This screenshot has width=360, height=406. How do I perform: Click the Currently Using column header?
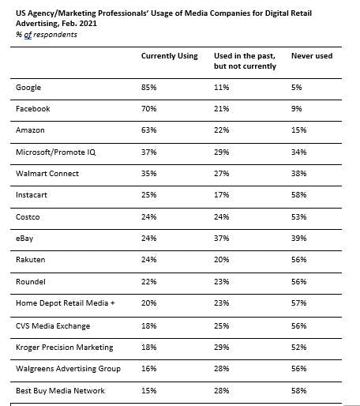(170, 56)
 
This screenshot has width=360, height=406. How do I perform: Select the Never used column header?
(312, 56)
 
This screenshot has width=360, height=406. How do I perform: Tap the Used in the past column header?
(245, 61)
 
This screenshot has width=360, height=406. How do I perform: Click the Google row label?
(28, 88)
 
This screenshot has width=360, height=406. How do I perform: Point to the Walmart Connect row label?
(47, 174)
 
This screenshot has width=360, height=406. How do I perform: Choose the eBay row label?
(24, 239)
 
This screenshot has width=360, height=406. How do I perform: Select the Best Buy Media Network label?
(60, 390)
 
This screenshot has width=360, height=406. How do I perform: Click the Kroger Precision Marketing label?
(65, 348)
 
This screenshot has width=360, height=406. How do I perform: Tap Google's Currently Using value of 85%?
(149, 88)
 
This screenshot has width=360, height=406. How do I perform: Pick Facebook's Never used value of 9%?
(297, 109)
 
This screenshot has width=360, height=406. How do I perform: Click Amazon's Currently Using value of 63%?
(149, 130)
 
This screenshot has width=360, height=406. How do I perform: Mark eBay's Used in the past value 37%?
(222, 239)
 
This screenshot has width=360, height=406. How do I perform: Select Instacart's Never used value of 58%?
(299, 195)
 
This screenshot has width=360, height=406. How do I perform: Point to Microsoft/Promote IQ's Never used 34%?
(299, 152)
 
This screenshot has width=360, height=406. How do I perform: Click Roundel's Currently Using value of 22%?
(149, 282)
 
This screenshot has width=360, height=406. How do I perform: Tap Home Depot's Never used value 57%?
(299, 303)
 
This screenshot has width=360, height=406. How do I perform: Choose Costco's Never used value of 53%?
(299, 217)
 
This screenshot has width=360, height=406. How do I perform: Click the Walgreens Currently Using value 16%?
(149, 369)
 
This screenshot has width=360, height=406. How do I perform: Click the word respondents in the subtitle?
(55, 35)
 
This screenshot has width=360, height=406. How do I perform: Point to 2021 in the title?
(88, 24)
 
